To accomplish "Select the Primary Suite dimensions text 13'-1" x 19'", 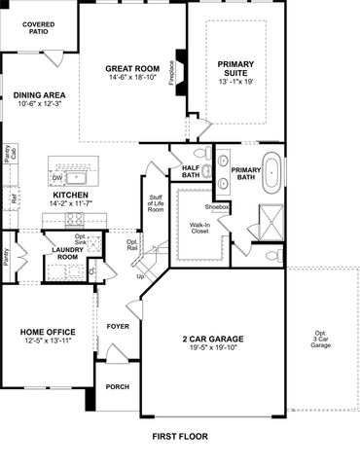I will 234,82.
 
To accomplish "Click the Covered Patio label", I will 39,27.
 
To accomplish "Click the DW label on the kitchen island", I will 56,178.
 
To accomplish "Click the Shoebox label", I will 216,207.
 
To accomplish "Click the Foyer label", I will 118,326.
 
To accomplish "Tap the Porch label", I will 118,386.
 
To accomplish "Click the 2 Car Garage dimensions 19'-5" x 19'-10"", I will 211,349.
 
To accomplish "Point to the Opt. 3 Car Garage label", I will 321,340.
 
